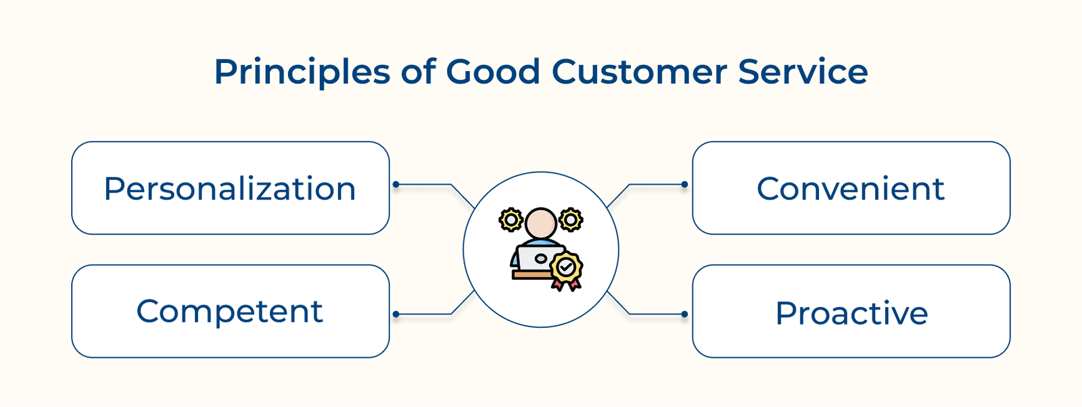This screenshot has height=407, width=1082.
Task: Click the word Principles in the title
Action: click(302, 72)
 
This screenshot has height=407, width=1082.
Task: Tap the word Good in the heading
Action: click(493, 71)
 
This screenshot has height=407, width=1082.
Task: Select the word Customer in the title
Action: click(640, 71)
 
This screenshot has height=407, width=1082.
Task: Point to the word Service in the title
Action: click(803, 71)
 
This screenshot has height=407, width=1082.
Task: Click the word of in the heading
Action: click(419, 71)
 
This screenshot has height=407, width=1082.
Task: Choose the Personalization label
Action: click(230, 189)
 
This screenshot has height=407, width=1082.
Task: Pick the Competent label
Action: click(230, 312)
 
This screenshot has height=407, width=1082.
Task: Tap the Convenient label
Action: click(851, 189)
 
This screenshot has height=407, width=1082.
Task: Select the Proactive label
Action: click(851, 313)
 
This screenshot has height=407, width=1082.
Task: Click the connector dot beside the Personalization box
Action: click(396, 185)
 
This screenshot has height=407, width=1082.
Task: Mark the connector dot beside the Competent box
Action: click(396, 314)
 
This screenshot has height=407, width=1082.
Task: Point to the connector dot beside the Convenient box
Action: click(684, 185)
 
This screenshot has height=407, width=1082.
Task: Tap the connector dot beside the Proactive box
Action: click(684, 314)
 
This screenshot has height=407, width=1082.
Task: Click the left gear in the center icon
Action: click(511, 220)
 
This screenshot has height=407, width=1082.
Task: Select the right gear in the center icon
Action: click(571, 220)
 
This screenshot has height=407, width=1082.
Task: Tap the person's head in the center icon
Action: click(541, 223)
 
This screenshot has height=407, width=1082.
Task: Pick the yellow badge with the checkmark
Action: click(567, 268)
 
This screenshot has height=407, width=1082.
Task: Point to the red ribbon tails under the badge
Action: click(566, 285)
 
